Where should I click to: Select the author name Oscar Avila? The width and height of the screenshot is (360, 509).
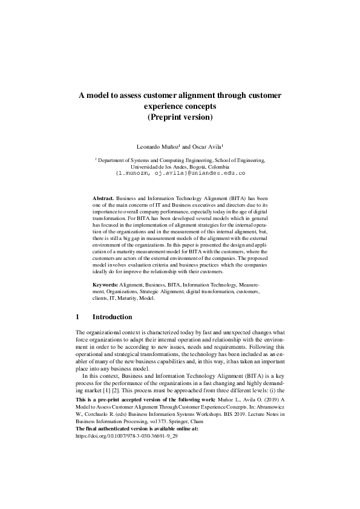(x=207, y=146)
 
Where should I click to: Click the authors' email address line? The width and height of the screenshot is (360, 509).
(x=180, y=173)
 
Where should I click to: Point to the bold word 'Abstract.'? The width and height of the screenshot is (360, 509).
(x=103, y=198)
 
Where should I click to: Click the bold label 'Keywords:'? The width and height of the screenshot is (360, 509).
(x=105, y=284)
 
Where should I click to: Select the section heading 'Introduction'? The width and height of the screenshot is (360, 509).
(x=112, y=317)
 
